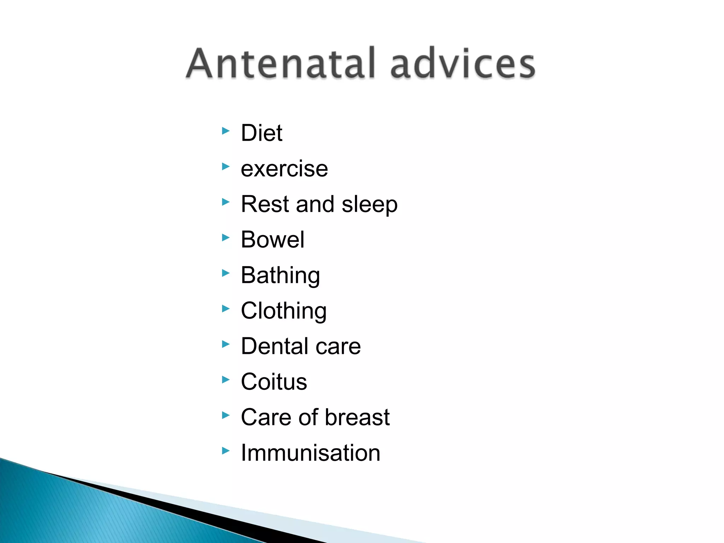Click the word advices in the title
coord(463,64)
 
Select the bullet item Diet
coord(261,133)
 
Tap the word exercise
coord(284,169)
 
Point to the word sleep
coord(369,205)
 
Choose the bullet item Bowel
coord(272,240)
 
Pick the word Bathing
coord(280,276)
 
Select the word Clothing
coord(284,311)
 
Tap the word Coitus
coord(274,382)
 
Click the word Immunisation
coord(310,453)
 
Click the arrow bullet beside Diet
coord(226,131)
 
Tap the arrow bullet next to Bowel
coord(226,238)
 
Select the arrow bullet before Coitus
coord(226,380)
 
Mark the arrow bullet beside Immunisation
coord(226,451)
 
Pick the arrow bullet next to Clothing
coord(226,309)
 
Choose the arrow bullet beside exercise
coord(226,167)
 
